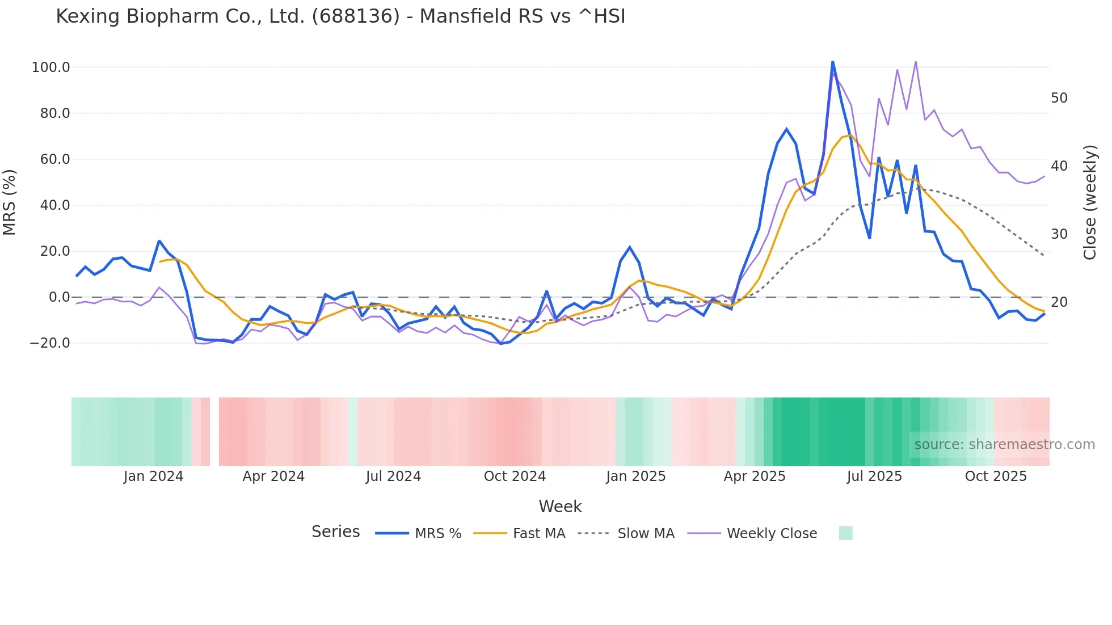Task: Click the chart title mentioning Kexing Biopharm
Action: click(340, 16)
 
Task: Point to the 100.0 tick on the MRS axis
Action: click(50, 67)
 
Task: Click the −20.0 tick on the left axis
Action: click(49, 343)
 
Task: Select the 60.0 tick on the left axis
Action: click(54, 159)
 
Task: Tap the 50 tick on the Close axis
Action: click(1059, 98)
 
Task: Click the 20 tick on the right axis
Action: click(1059, 302)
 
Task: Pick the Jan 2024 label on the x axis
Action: click(153, 476)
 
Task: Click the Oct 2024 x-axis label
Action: click(515, 476)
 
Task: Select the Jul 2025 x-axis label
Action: click(874, 476)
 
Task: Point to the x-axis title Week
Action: click(560, 506)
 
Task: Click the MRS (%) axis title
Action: click(10, 202)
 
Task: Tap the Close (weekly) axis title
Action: click(1089, 202)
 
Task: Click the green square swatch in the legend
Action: click(845, 533)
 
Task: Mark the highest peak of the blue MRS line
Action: click(832, 61)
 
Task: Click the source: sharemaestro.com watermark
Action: click(1004, 445)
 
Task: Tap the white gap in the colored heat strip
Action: click(214, 432)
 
